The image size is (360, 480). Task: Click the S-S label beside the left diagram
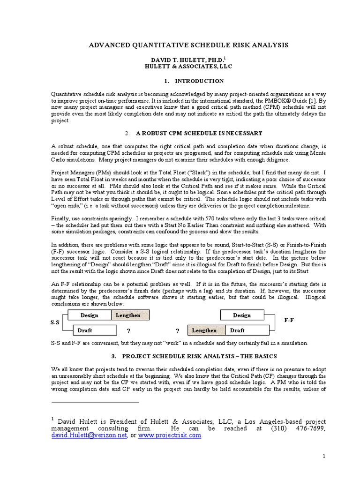[55, 322]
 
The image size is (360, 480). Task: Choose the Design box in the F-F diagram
[241, 315]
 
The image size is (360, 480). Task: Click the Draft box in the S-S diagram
[84, 330]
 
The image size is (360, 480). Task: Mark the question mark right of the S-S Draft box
[127, 330]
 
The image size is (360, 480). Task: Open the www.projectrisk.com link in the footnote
[170, 435]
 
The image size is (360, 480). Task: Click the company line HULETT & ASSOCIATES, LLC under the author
[180, 67]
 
